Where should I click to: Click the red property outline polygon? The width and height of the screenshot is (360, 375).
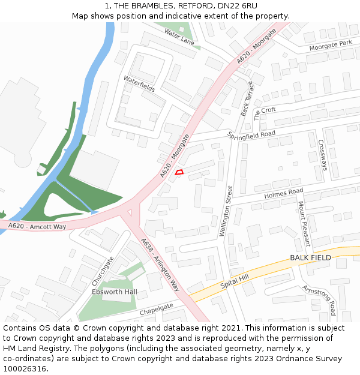[179, 172]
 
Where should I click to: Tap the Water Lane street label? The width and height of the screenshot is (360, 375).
[179, 37]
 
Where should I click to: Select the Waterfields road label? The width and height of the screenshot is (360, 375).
[139, 83]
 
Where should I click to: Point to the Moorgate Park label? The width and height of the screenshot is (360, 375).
[331, 45]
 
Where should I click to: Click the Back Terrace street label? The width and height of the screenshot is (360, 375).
[247, 98]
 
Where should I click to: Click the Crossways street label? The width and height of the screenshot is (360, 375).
[322, 155]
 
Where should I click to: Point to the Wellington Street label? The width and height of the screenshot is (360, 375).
[225, 211]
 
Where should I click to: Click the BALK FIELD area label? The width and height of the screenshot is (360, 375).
[310, 257]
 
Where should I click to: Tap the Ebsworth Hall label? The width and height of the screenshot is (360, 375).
[115, 292]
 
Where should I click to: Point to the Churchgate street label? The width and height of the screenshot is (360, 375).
[103, 271]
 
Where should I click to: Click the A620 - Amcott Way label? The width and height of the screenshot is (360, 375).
[37, 226]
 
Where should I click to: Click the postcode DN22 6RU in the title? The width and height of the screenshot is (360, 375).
[235, 5]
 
